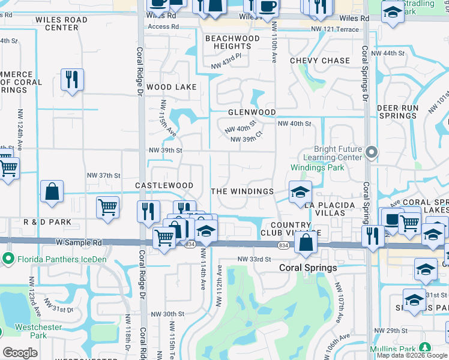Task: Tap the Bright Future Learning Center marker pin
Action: (x=371, y=152)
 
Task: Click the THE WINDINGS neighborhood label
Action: (x=243, y=191)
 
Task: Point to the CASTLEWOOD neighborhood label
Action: (x=164, y=186)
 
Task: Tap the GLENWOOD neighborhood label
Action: (x=252, y=112)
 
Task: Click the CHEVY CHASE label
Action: (x=320, y=61)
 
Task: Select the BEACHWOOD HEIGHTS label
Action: (x=232, y=42)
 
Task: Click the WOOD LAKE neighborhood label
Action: (x=172, y=87)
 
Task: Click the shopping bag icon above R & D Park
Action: (x=52, y=191)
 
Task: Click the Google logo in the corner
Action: (x=20, y=353)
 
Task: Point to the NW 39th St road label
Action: (x=165, y=150)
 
